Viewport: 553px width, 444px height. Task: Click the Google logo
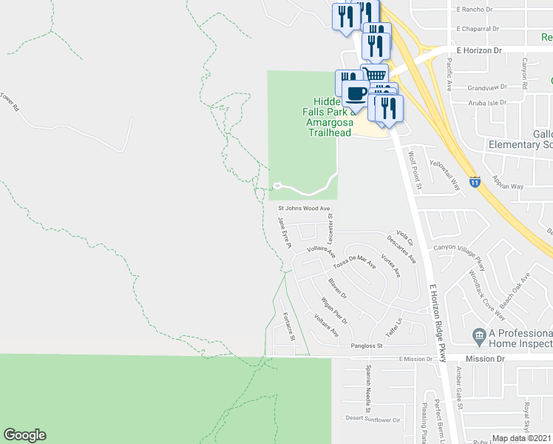(x=24, y=435)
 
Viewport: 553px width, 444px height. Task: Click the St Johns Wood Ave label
(x=303, y=209)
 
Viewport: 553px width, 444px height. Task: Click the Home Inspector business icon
(x=479, y=337)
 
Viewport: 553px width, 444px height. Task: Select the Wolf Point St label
(x=415, y=169)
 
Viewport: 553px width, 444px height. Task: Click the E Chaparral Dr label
(x=478, y=29)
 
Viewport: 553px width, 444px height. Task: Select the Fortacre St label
(x=289, y=326)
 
